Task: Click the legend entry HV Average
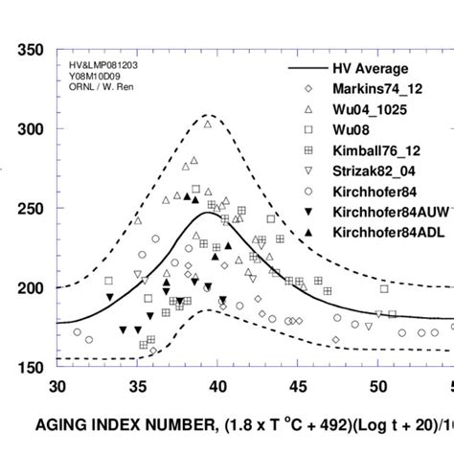pyautogui.click(x=370, y=69)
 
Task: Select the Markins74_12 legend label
pyautogui.click(x=377, y=89)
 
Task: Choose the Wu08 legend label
pyautogui.click(x=353, y=129)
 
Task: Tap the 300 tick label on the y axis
pyautogui.click(x=30, y=129)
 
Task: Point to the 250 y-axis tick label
pyautogui.click(x=30, y=209)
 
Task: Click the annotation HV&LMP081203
pyautogui.click(x=105, y=65)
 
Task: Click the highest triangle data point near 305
pyautogui.click(x=208, y=124)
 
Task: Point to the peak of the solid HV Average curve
pyautogui.click(x=208, y=213)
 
